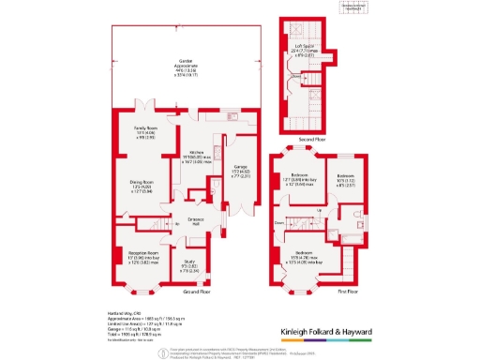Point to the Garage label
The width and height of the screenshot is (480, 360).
[241, 169]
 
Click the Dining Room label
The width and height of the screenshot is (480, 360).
[142, 184]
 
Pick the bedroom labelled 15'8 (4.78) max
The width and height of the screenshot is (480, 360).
[304, 256]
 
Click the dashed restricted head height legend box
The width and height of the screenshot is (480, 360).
[349, 9]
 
